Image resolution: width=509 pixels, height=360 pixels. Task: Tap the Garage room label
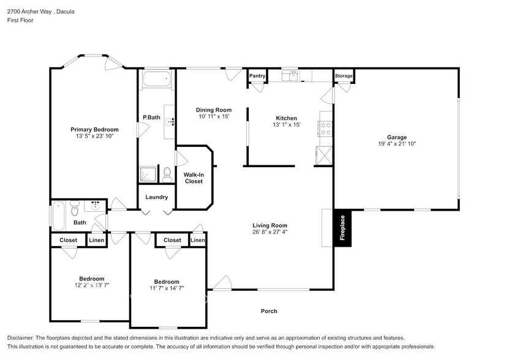click(x=396, y=137)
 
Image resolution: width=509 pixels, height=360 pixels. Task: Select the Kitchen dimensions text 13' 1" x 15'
click(x=286, y=125)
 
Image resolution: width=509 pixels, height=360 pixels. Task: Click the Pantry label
click(x=257, y=76)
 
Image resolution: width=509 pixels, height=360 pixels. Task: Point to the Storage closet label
click(x=344, y=76)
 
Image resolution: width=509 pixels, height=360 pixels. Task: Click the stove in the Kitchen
click(x=325, y=129)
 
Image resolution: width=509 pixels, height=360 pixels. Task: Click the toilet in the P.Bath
click(x=167, y=173)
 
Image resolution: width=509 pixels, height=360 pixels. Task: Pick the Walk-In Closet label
click(x=194, y=178)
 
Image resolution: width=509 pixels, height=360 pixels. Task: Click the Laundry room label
click(x=157, y=197)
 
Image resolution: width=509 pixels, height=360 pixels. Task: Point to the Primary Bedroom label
click(x=94, y=129)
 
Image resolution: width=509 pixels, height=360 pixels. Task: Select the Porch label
click(x=269, y=311)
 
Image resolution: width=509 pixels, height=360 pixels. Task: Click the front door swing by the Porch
click(x=222, y=283)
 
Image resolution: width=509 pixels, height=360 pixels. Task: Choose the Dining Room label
click(x=213, y=110)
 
